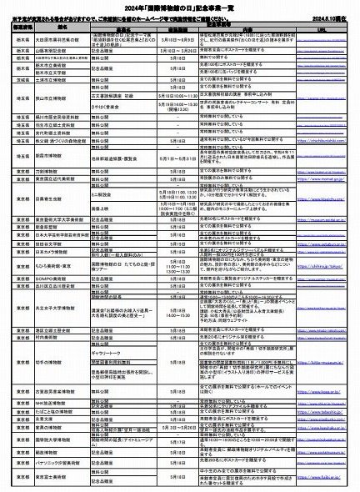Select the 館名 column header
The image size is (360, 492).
pyautogui.click(x=62, y=27)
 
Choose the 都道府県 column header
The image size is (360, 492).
pyautogui.click(x=20, y=27)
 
